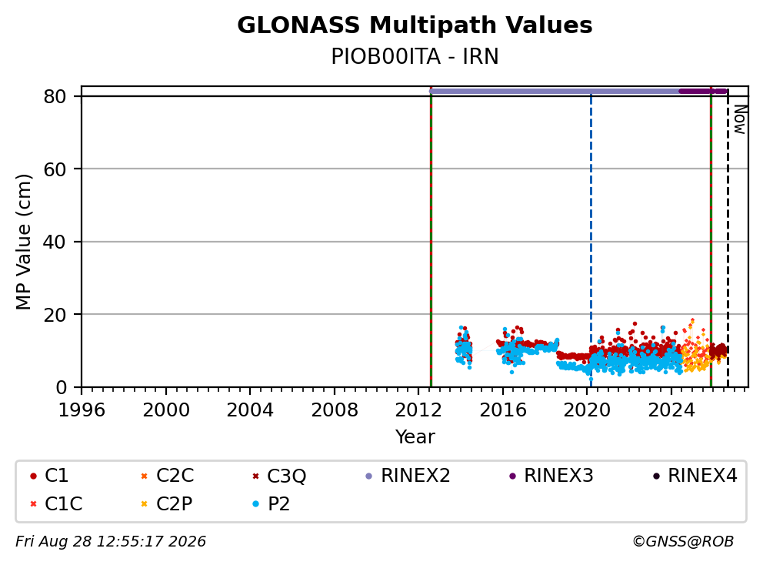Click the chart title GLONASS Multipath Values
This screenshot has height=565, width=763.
click(415, 25)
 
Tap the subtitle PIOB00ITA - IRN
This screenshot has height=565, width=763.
click(415, 56)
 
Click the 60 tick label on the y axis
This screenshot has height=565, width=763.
click(55, 169)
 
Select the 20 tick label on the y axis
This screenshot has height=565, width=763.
click(55, 315)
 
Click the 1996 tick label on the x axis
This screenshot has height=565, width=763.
click(82, 410)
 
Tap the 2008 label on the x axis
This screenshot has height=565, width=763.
click(335, 410)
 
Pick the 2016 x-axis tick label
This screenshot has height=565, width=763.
click(503, 410)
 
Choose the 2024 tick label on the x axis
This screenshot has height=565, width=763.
click(671, 410)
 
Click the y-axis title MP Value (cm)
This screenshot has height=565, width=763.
click(23, 242)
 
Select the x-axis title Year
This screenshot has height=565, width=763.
click(415, 437)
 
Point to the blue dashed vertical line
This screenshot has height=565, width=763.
click(591, 239)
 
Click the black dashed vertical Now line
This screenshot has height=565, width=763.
click(728, 239)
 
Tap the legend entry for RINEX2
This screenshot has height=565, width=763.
click(408, 476)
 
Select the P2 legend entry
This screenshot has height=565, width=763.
click(271, 503)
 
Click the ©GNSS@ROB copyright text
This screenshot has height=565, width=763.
click(683, 541)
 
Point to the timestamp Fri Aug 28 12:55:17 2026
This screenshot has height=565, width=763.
click(111, 541)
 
